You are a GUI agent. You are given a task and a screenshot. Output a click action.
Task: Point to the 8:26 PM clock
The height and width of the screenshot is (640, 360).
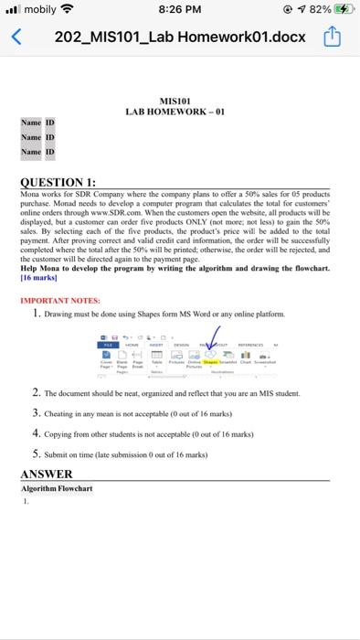[179, 11]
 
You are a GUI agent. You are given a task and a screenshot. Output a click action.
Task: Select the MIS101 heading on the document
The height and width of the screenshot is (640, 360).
[175, 101]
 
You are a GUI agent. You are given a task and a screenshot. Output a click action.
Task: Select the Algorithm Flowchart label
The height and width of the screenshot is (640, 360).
[57, 489]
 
